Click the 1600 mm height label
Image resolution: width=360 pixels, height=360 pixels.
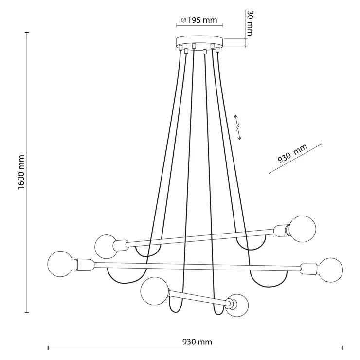point(21,172)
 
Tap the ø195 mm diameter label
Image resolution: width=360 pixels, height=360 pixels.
point(199,20)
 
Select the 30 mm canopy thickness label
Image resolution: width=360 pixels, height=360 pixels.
point(250,23)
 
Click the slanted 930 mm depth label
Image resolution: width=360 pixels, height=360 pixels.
point(292,154)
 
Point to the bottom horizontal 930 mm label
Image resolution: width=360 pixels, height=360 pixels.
point(197,342)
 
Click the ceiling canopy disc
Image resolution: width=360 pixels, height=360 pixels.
point(199,41)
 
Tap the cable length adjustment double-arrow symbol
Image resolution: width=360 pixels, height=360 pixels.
point(237,127)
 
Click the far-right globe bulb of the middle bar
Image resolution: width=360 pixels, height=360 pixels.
point(330,270)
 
